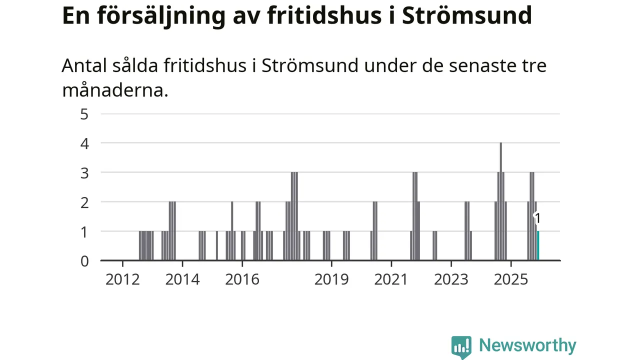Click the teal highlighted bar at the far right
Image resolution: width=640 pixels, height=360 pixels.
[x=538, y=245]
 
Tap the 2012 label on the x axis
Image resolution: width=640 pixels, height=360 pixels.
[x=122, y=279]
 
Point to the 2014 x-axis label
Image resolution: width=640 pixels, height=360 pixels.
[x=182, y=279]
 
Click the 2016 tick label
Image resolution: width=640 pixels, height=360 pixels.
[x=242, y=279]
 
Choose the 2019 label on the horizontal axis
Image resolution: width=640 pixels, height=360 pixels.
[x=331, y=279]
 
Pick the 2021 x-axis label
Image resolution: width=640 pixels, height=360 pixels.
[x=391, y=279]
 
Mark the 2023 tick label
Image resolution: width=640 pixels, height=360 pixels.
[x=451, y=279]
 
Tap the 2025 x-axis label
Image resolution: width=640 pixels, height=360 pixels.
[x=510, y=279]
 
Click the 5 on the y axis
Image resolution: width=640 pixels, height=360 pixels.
[x=84, y=114]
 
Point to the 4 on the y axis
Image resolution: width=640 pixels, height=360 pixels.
[x=84, y=143]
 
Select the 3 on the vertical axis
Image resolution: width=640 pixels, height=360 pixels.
[x=84, y=172]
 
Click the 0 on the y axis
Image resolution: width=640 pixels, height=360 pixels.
[x=84, y=260]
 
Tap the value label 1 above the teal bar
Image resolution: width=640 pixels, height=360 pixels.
[x=537, y=218]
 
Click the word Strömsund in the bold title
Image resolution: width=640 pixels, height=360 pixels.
[x=467, y=16]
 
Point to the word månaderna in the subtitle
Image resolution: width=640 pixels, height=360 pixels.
[x=115, y=90]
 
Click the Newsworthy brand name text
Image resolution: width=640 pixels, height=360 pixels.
[x=527, y=345]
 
